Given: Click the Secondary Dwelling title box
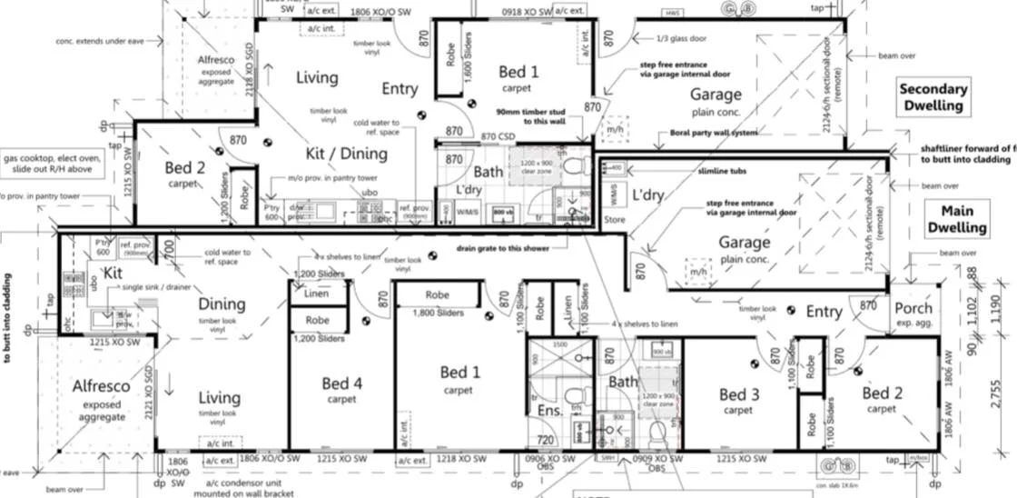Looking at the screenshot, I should [x=933, y=97].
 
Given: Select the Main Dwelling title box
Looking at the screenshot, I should [x=951, y=219].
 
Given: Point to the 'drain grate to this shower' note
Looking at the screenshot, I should [x=502, y=248].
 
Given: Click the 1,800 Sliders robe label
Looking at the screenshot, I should [x=438, y=312].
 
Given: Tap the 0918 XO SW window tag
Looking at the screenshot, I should [x=527, y=12].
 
